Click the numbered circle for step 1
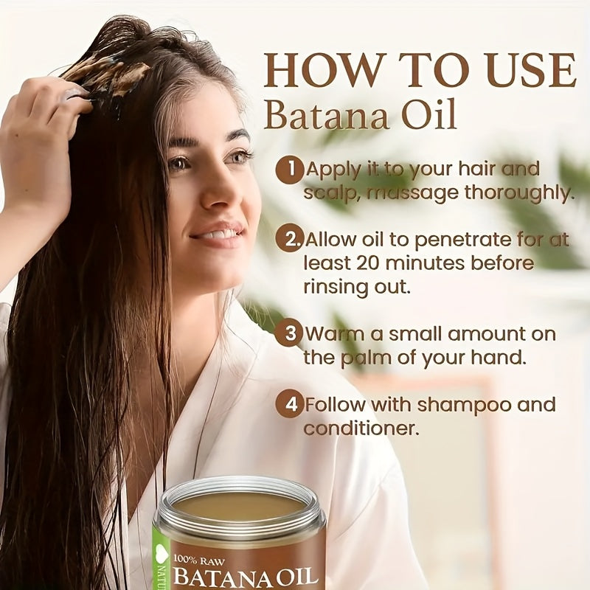point(288,170)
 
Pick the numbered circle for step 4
point(288,404)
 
